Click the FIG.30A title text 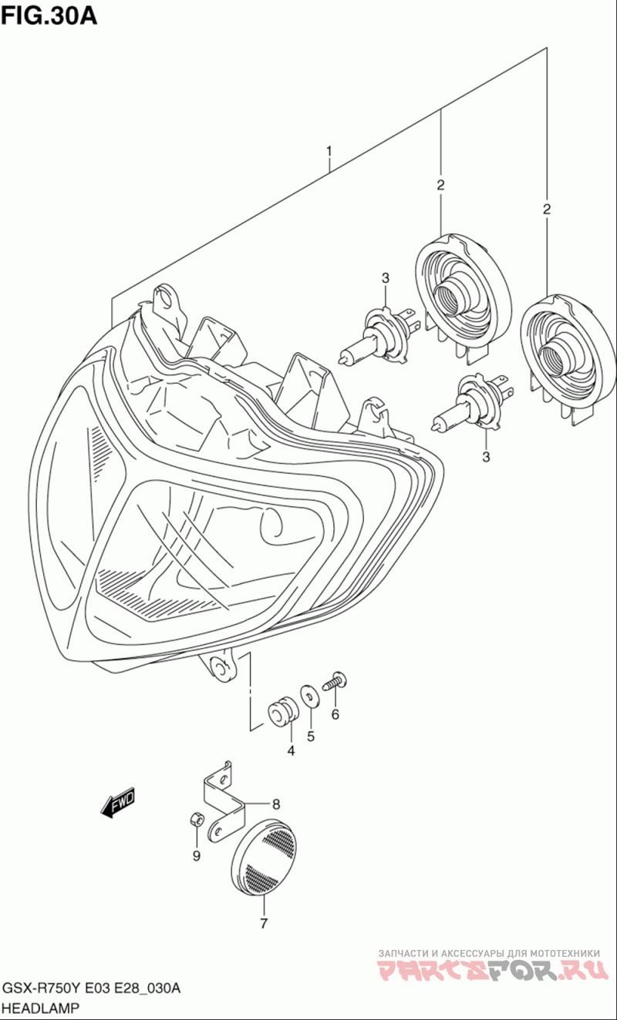(x=49, y=15)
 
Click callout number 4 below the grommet (x=291, y=751)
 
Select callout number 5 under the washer (x=311, y=736)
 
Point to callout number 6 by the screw (x=335, y=714)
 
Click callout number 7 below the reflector (x=263, y=923)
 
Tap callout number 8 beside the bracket (x=276, y=802)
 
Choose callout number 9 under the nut (x=196, y=856)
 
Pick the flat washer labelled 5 (x=309, y=695)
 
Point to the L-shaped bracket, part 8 (x=221, y=801)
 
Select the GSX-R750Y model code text (x=44, y=989)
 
